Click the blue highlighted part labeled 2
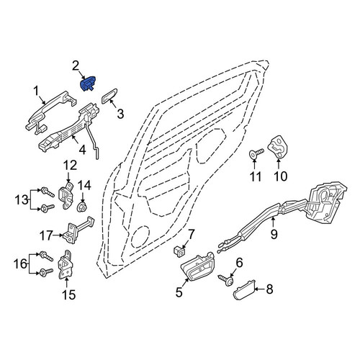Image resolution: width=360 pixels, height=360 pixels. click(88, 84)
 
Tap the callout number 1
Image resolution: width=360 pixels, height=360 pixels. click(36, 91)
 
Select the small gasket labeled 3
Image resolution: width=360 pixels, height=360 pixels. click(109, 96)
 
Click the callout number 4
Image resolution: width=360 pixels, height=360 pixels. click(82, 150)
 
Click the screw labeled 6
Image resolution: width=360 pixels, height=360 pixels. click(226, 280)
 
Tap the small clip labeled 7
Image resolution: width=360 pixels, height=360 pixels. click(179, 251)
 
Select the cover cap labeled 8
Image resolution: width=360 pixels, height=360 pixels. click(244, 289)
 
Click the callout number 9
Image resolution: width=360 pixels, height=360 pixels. click(274, 234)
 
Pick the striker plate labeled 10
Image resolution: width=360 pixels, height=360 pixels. click(278, 147)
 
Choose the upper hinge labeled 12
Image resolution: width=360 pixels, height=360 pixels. click(67, 195)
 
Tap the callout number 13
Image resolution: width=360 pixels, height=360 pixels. click(22, 200)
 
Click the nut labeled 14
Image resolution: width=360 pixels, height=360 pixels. click(82, 207)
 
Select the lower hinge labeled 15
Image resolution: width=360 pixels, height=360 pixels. click(66, 265)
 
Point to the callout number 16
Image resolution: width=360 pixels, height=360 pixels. click(20, 264)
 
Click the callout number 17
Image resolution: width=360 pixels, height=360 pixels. click(46, 235)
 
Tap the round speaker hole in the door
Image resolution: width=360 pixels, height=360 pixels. click(140, 237)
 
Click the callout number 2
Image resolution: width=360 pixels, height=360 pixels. click(76, 66)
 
